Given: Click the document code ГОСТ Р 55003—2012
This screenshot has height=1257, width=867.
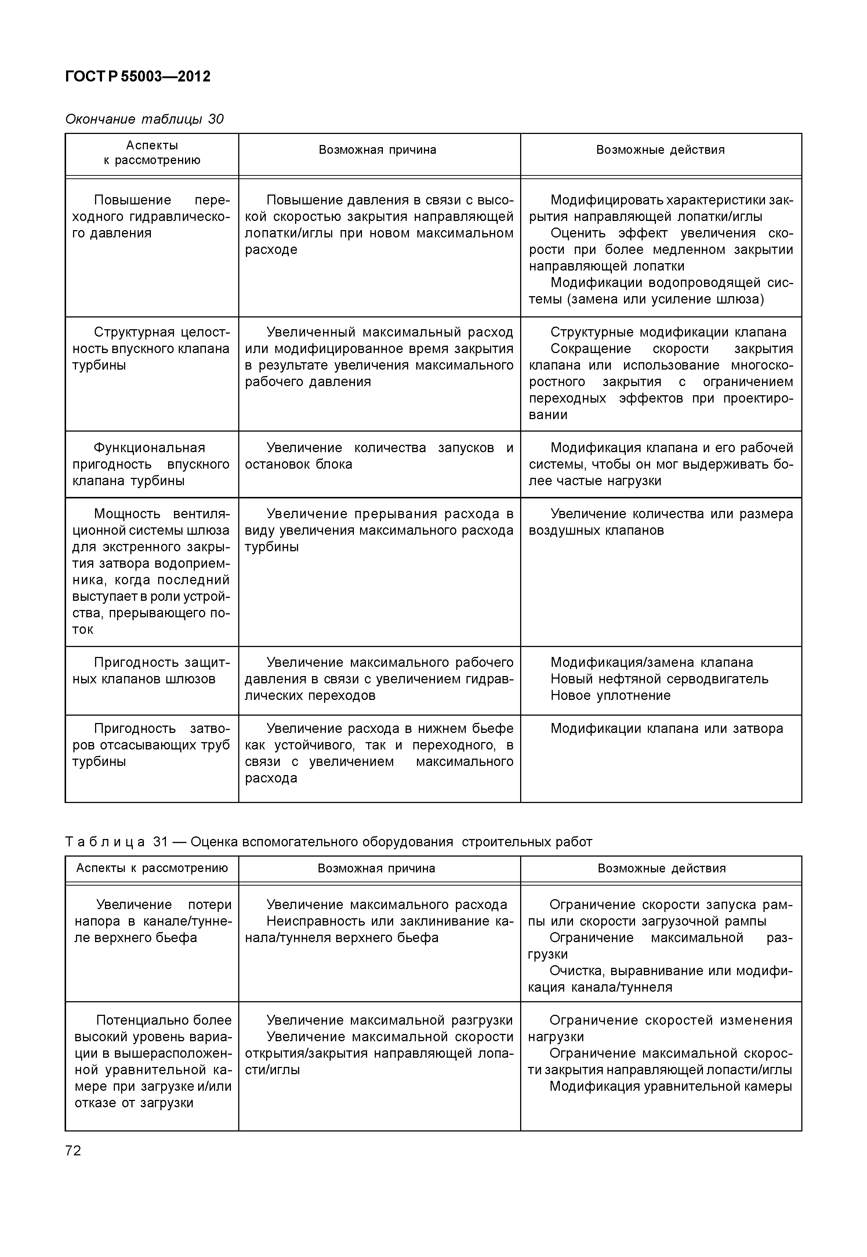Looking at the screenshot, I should coord(137,77).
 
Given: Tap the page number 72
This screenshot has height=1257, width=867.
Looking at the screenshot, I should coord(73,1151).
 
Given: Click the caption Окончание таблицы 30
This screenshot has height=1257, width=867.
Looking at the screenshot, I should coord(144,119).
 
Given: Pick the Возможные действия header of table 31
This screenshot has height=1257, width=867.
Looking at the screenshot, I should coord(661,868).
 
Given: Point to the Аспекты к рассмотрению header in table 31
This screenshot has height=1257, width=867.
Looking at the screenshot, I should coord(152,868).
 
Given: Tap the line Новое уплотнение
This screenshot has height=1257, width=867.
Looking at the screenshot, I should coord(610,695).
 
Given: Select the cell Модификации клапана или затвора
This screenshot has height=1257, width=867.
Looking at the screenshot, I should coord(667,729).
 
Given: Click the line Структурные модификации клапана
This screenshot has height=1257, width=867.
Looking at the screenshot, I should coord(668,332).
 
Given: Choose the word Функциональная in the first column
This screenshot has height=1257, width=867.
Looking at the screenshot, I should coord(149,448).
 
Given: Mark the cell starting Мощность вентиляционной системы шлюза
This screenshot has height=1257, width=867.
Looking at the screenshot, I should coord(151,571).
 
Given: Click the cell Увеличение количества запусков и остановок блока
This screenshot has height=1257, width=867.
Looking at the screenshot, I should coord(379,456).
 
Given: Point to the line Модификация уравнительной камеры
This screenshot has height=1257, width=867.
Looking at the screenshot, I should coord(670,1086).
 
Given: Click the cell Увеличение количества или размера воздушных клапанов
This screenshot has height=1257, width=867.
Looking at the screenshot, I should coord(661,522).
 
